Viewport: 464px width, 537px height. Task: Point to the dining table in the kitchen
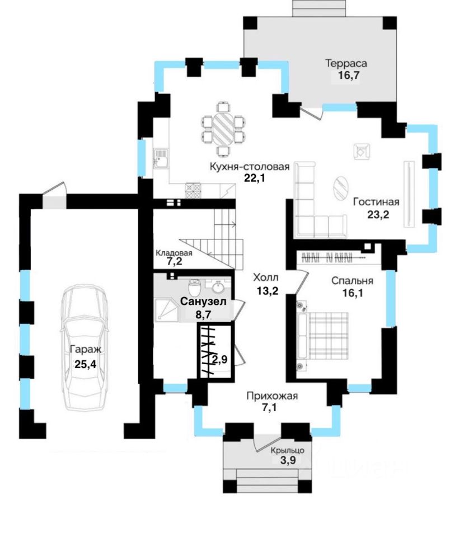click(223, 130)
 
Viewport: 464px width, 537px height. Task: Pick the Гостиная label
click(376, 202)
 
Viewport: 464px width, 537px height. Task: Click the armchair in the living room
click(362, 150)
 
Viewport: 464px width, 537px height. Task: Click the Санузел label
click(203, 302)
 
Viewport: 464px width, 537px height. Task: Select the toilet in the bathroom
click(194, 288)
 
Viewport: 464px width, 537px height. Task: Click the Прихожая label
click(272, 397)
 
